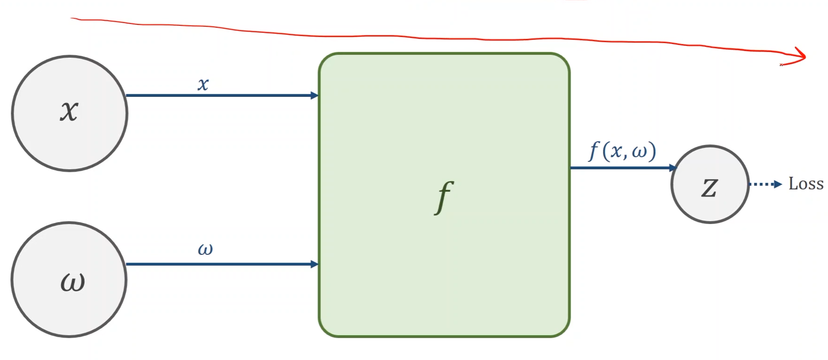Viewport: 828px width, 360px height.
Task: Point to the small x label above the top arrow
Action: tap(203, 84)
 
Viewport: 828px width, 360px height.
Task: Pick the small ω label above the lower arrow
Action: tap(205, 249)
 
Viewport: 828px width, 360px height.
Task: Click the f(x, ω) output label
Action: tap(622, 151)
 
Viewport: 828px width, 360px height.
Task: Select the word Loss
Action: tap(806, 184)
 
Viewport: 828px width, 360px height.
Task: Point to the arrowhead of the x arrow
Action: tap(315, 95)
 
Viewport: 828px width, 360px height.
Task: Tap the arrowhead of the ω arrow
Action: tap(315, 264)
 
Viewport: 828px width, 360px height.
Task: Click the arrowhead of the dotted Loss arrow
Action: tap(779, 184)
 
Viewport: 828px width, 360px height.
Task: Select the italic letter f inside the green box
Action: tap(444, 197)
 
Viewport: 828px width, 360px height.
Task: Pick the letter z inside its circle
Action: tap(710, 187)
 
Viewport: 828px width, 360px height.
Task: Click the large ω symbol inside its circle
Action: tap(72, 282)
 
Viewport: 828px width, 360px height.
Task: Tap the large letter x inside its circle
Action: tap(69, 111)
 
